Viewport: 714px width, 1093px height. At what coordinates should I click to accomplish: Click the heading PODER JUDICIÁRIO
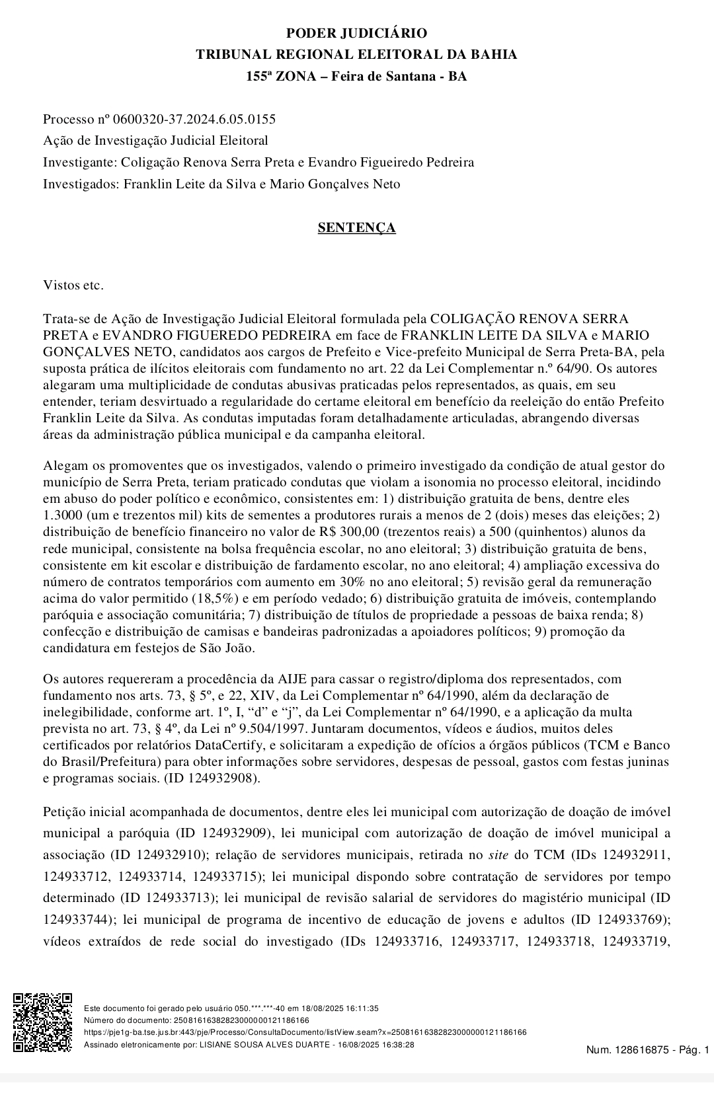[x=356, y=33]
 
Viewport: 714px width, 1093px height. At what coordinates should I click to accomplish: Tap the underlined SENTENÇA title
[x=356, y=227]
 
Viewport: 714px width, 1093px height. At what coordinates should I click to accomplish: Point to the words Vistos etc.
[x=73, y=285]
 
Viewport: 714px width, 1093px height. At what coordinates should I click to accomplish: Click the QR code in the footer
[x=43, y=1022]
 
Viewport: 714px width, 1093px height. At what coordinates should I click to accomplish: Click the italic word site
[x=498, y=854]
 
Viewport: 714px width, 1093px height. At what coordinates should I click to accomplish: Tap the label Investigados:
[x=81, y=184]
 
